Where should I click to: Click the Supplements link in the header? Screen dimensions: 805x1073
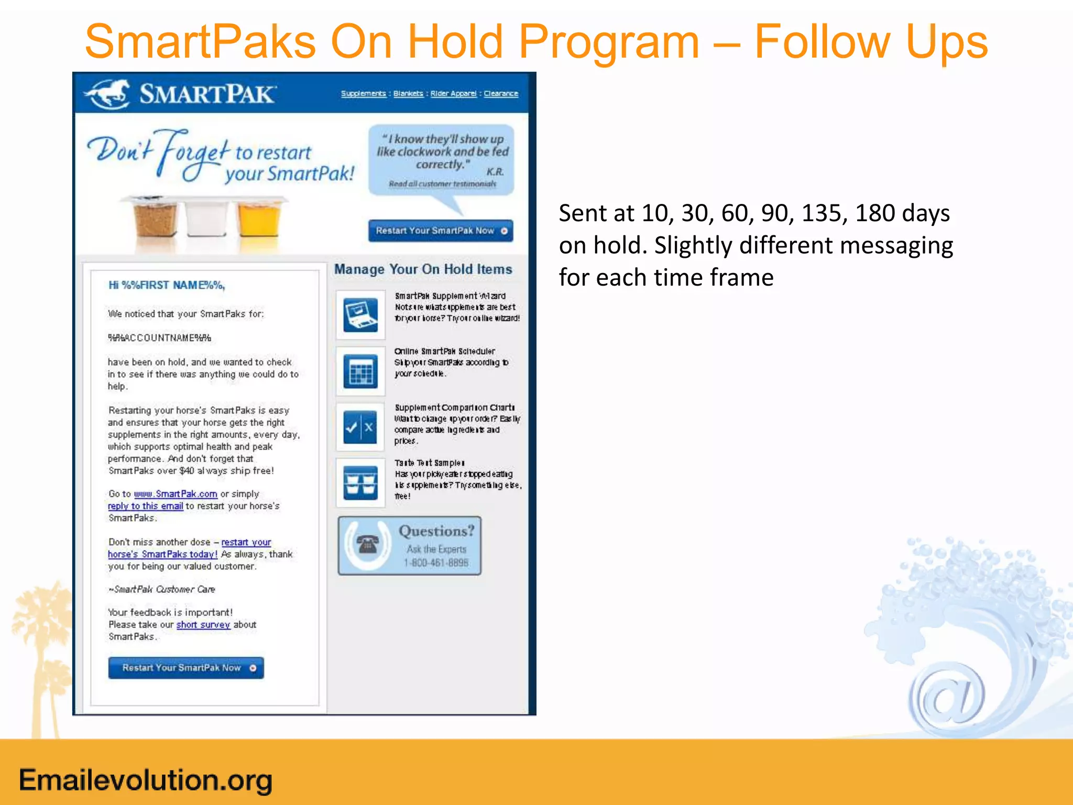[363, 93]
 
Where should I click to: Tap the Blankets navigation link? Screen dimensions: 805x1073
[408, 93]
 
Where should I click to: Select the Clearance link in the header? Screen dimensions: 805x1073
[501, 93]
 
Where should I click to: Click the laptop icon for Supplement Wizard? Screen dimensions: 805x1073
[360, 315]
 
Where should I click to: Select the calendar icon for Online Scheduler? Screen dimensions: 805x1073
[360, 371]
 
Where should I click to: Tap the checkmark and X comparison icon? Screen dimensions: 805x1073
[360, 427]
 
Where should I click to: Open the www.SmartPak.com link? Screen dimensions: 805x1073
[176, 494]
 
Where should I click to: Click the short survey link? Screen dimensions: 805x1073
[203, 625]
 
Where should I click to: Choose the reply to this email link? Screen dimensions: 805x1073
[146, 506]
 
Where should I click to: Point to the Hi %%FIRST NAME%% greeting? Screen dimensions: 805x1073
[167, 285]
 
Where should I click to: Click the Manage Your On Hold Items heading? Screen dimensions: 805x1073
[423, 269]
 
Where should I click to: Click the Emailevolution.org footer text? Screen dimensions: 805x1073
[146, 780]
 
